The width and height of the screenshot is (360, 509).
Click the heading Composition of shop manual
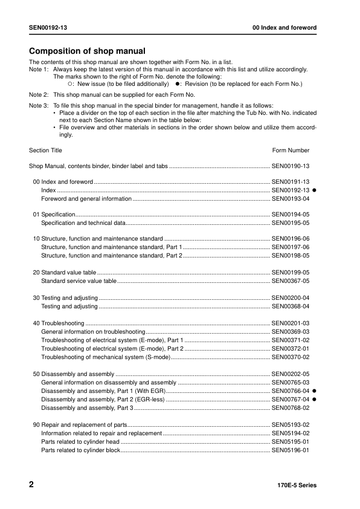87,51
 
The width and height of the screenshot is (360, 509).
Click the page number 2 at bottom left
31,485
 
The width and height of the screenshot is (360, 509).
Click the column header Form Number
291,151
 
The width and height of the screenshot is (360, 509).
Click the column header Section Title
45,151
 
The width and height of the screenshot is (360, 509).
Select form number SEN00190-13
291,166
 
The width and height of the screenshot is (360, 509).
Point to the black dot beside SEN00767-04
315,400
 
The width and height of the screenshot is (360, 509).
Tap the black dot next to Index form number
315,190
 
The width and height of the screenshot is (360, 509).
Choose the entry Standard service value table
79,281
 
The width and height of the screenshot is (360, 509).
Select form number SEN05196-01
291,450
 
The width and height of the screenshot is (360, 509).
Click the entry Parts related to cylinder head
80,442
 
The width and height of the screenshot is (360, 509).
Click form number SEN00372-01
291,349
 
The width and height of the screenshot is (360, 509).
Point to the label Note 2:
39,95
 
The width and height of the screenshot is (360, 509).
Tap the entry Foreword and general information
86,198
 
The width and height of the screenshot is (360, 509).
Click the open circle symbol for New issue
69,83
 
